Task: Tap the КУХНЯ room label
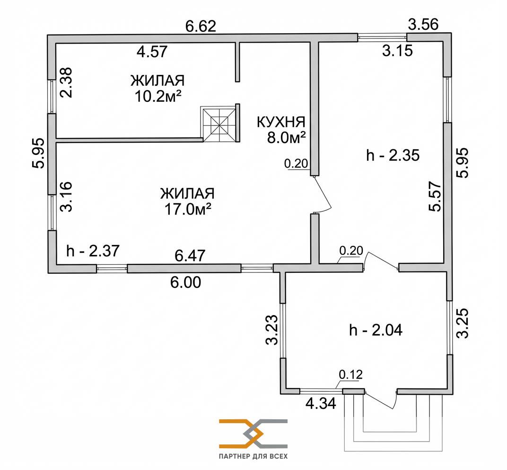tap(280, 122)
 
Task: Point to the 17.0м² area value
tap(187, 208)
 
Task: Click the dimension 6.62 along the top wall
tap(201, 26)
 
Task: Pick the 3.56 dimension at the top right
tap(423, 23)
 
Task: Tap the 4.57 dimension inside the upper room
tap(152, 51)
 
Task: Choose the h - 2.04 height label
tap(376, 330)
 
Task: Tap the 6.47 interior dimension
tap(190, 256)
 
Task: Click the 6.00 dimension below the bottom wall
tap(186, 282)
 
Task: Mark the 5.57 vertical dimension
tap(436, 197)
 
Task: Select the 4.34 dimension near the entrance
tap(321, 404)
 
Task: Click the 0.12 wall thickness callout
tap(350, 375)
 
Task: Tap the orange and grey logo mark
tap(253, 434)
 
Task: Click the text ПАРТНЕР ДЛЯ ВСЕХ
tap(253, 457)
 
